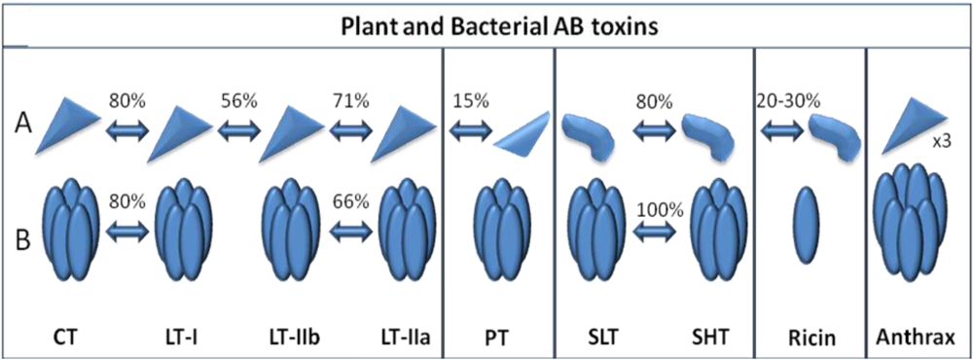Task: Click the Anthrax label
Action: [919, 337]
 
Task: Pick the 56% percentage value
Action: [237, 100]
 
